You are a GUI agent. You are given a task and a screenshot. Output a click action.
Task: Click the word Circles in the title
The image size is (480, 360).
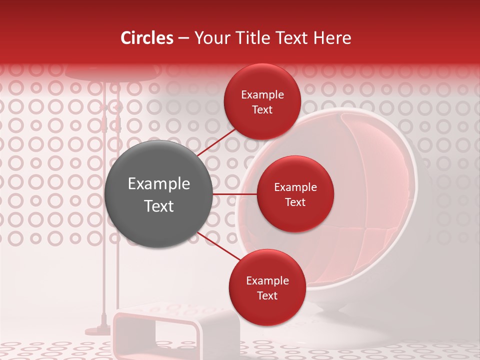click(x=146, y=38)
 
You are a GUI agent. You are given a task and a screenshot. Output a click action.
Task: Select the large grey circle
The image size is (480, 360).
click(x=159, y=194)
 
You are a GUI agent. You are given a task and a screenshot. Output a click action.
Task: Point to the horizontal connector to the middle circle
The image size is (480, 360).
click(x=235, y=194)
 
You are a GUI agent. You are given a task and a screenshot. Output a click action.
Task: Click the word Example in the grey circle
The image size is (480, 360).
click(x=159, y=183)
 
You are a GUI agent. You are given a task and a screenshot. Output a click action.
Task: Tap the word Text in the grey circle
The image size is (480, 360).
click(x=159, y=206)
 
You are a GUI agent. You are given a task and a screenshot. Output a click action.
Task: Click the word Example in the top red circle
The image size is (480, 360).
click(x=262, y=94)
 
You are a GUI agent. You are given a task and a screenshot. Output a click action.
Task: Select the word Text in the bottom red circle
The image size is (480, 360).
click(x=267, y=295)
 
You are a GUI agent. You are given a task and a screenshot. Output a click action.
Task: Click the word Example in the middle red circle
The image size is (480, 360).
click(x=295, y=187)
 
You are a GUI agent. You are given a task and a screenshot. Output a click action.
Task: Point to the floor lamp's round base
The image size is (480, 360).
click(x=98, y=330)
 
